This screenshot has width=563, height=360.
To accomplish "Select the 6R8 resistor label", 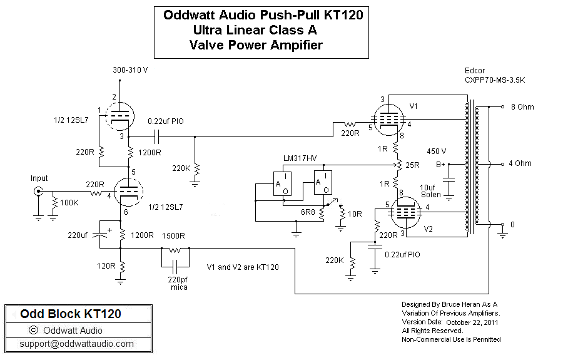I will (307, 212).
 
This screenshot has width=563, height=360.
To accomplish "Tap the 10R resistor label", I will (355, 213).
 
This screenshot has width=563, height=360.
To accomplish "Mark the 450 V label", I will (436, 151).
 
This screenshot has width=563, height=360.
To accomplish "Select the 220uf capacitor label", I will (79, 236).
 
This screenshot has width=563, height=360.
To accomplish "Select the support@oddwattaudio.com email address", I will (76, 344).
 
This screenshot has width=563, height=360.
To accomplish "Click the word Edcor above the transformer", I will (475, 70).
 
